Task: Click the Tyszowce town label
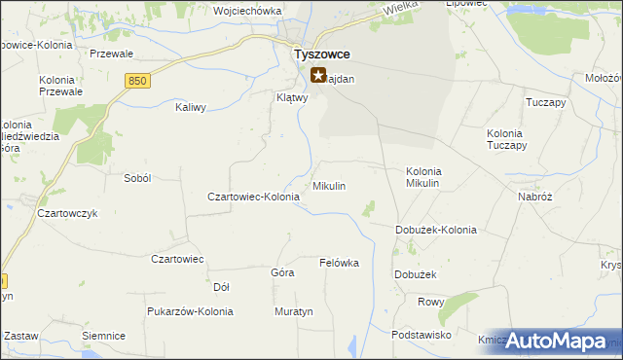tap(322, 54)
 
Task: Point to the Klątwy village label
tap(292, 97)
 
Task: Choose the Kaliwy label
tap(190, 107)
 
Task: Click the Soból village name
tap(137, 178)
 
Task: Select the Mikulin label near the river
tap(329, 185)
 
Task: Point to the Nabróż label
tap(535, 196)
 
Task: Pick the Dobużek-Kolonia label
tap(435, 230)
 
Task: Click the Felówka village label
tap(340, 263)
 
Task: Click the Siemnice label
tap(104, 336)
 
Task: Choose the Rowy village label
tap(430, 302)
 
